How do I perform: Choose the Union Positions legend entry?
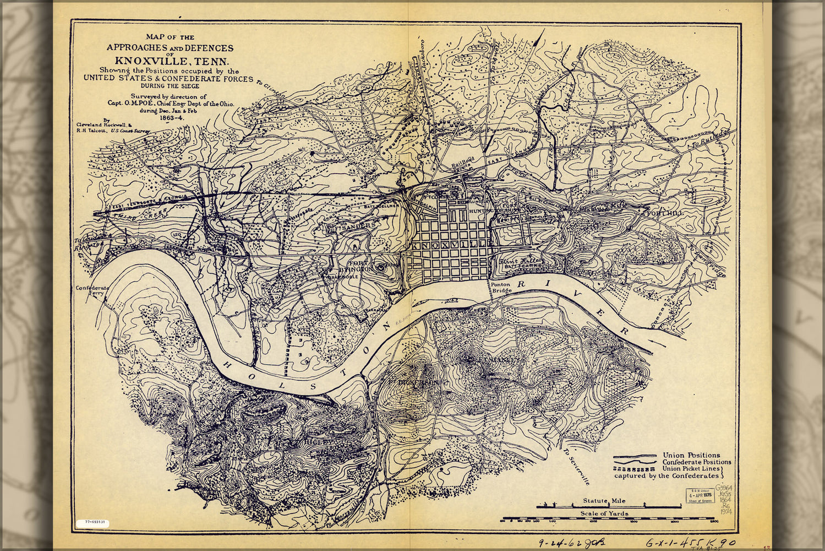(x=691, y=455)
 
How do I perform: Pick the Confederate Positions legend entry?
(x=697, y=462)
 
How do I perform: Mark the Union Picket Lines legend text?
(x=691, y=468)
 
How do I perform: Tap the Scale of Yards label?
(x=604, y=514)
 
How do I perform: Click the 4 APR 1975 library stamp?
(x=699, y=495)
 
